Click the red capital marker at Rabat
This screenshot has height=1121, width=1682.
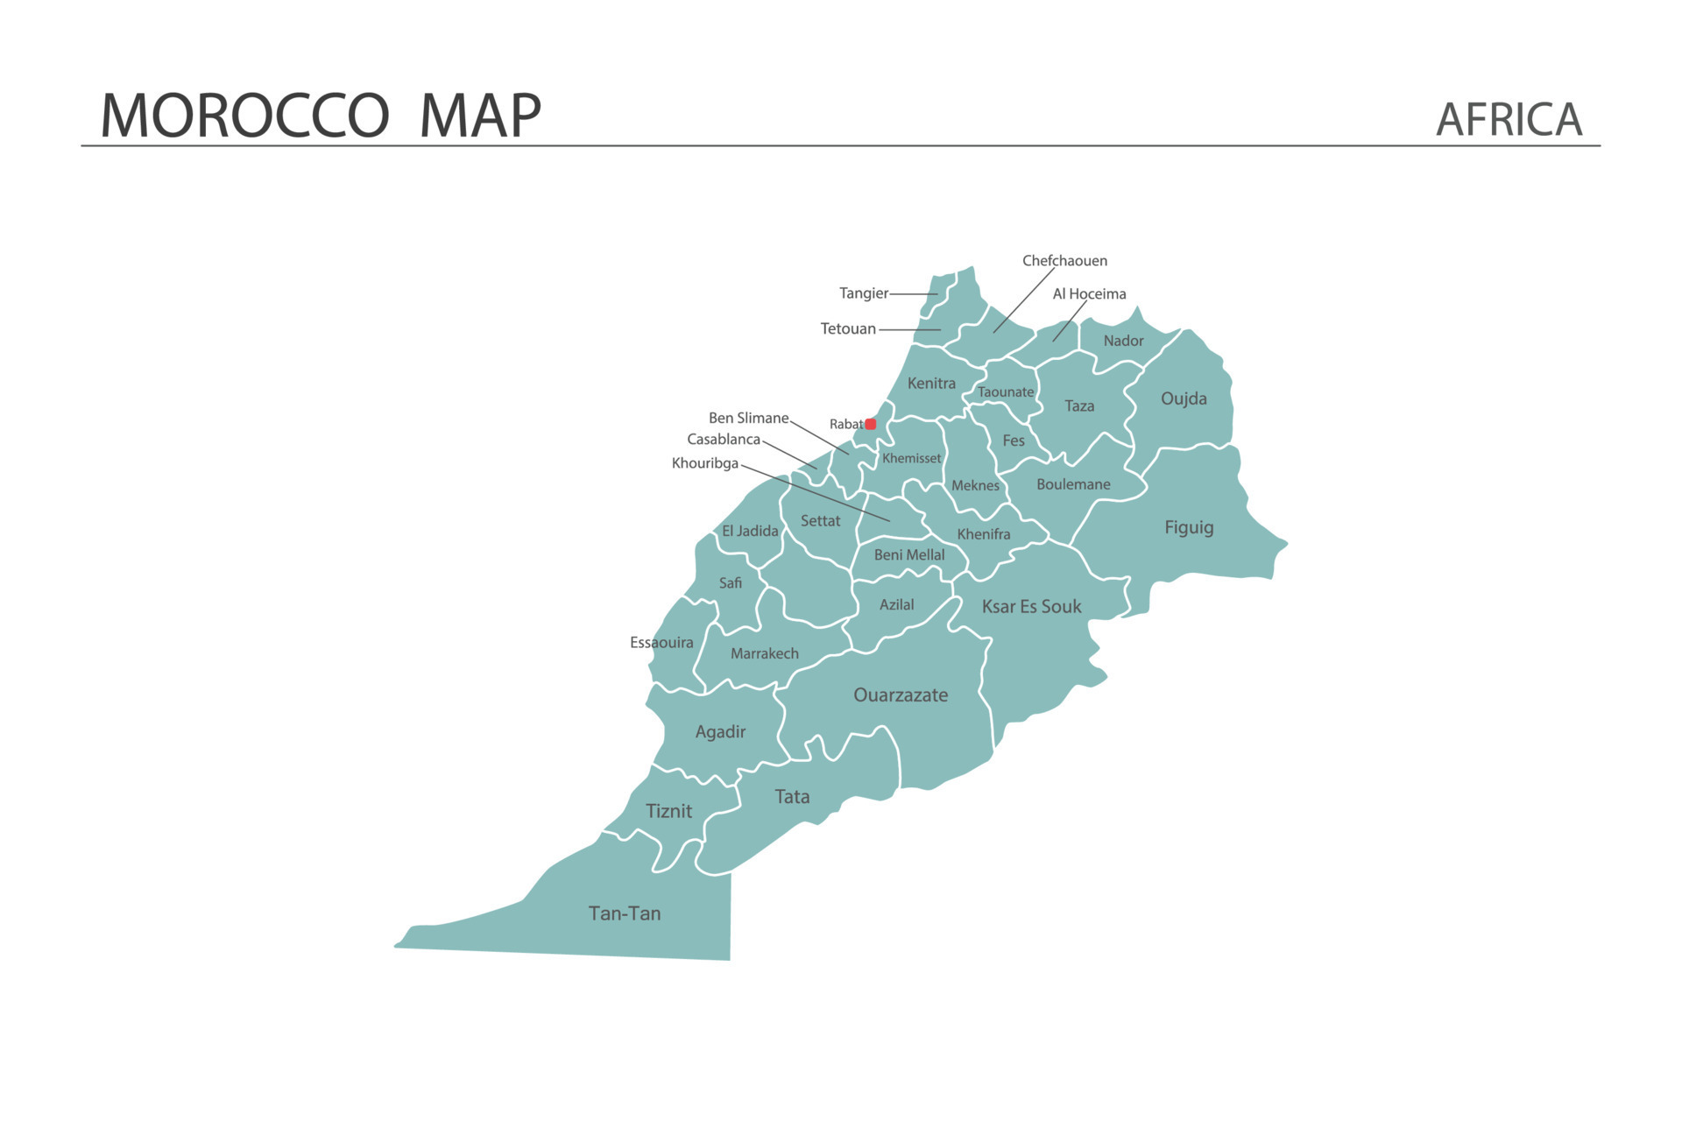870,424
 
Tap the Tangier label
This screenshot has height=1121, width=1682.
863,293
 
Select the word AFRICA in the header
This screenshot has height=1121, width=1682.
1509,120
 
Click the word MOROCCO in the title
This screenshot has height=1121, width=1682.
244,116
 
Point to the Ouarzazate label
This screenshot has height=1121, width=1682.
901,695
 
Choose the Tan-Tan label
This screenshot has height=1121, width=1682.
625,913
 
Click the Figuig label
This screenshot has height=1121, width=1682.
1189,527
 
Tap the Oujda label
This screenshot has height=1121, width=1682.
1184,398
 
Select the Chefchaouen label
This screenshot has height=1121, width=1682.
1064,261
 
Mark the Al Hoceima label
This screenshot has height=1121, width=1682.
1089,294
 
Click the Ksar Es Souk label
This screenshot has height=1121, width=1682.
1031,606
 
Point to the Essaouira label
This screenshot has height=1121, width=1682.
661,643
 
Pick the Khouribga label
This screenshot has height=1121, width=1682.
704,463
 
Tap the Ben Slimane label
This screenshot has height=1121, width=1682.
748,418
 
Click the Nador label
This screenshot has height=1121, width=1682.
1123,341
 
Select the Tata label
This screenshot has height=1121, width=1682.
792,797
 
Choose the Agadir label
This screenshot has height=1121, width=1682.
720,732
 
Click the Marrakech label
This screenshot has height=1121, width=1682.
764,653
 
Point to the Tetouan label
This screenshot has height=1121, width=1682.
847,329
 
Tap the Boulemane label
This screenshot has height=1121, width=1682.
1073,484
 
